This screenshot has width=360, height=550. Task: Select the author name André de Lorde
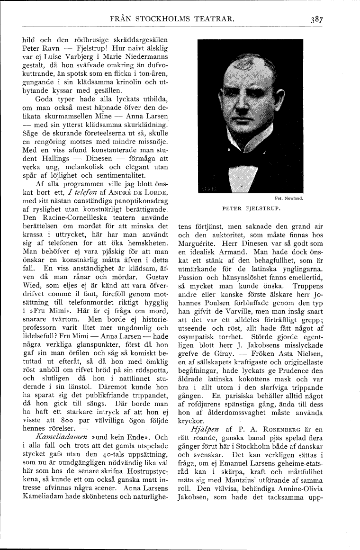[135, 194]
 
